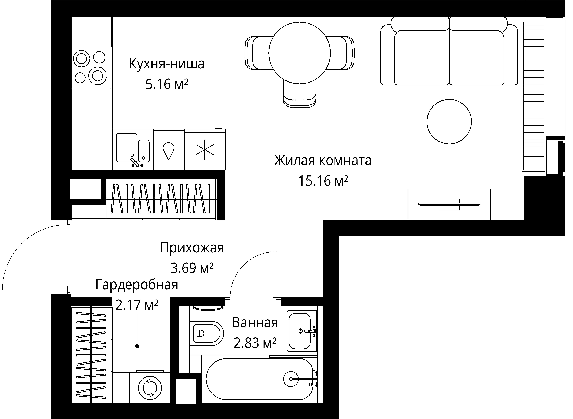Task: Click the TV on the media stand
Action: point(449,204)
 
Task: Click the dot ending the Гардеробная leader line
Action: point(137,346)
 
